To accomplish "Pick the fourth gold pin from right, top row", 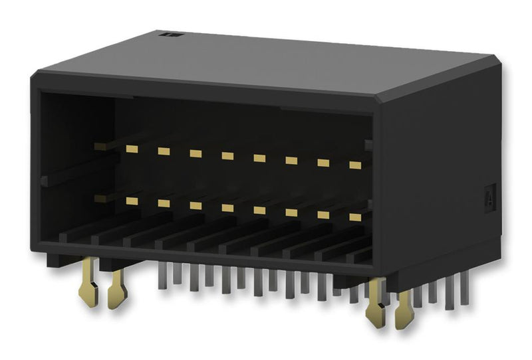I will tap(259, 158).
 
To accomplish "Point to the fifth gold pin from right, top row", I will tap(227, 156).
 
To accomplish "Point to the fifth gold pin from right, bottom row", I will tap(227, 208).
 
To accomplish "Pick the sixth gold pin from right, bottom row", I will tap(196, 205).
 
